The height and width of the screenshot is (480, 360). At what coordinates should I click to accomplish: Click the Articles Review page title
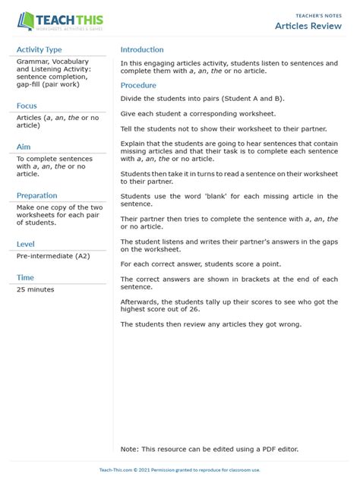307,26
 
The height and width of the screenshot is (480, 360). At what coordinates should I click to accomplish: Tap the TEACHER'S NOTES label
317,14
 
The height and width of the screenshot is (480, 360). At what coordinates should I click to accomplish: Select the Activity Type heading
39,49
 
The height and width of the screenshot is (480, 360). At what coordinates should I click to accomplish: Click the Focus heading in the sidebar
27,106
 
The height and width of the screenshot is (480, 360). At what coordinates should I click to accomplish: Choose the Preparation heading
37,195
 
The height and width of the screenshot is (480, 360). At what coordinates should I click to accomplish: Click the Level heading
26,244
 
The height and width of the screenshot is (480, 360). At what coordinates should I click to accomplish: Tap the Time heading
25,277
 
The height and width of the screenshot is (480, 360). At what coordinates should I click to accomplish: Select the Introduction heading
142,49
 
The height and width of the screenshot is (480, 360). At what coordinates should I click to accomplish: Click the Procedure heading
138,85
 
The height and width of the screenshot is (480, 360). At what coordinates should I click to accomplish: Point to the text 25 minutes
37,290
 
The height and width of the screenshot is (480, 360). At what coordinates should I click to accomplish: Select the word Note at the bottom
129,449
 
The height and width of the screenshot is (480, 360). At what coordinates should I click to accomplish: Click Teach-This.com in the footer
116,470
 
